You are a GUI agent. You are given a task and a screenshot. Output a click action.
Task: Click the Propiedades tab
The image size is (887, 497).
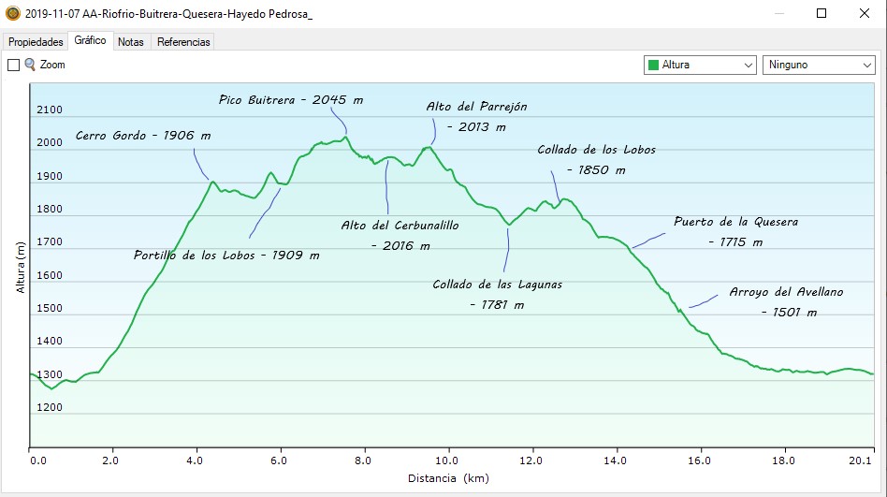click(36, 42)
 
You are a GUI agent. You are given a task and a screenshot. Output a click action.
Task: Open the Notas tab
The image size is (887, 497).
click(131, 42)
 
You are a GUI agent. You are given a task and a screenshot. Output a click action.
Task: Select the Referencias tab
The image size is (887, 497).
click(184, 42)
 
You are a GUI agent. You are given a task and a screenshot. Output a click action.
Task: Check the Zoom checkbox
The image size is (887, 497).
click(14, 65)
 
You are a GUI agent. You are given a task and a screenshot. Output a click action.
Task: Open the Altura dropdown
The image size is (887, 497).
click(700, 65)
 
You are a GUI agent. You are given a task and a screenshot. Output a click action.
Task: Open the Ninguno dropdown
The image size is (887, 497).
click(819, 65)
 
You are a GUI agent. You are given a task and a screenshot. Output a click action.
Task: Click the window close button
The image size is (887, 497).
click(864, 14)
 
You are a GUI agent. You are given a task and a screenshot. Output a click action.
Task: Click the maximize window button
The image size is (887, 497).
click(822, 14)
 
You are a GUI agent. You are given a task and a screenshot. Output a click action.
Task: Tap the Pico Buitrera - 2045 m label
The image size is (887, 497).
click(291, 99)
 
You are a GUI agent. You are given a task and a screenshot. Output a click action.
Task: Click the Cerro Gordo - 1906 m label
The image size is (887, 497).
click(143, 136)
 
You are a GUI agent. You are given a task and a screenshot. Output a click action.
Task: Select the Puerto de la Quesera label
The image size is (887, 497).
click(735, 223)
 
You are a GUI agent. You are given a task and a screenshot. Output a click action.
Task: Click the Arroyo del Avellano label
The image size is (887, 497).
click(786, 292)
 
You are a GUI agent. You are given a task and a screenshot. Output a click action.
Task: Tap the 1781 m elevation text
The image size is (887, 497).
click(497, 305)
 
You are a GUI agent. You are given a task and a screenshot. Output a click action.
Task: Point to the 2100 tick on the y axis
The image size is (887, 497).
click(49, 110)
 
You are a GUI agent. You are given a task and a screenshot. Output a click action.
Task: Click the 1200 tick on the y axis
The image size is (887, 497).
click(49, 408)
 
